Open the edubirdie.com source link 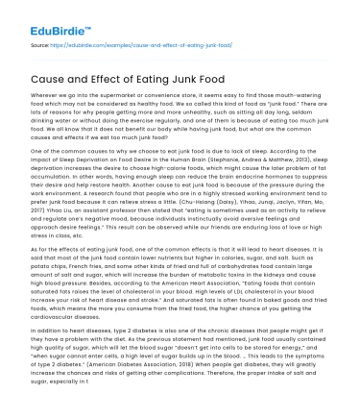click(135, 45)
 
